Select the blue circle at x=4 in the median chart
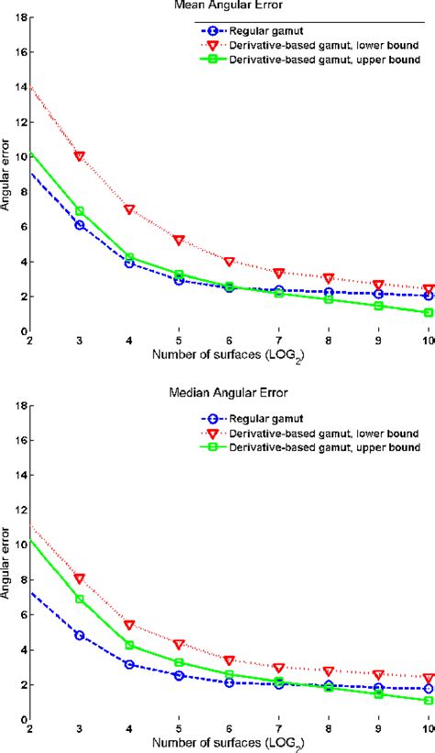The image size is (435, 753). click(129, 664)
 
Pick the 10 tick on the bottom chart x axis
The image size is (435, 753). click(427, 731)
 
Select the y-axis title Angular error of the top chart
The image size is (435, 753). click(6, 174)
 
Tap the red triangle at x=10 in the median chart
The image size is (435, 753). click(429, 678)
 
